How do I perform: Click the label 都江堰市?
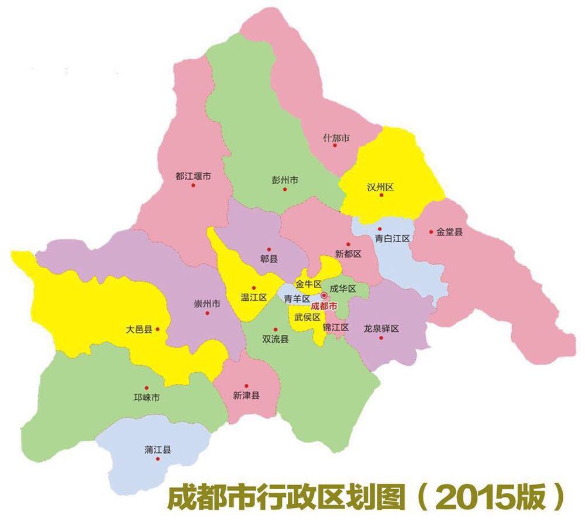(193, 176)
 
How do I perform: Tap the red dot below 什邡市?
(335, 145)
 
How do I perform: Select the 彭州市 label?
(285, 180)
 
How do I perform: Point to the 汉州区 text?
(380, 187)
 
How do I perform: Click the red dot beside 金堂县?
(431, 232)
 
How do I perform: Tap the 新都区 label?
(349, 254)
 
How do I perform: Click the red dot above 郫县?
(269, 249)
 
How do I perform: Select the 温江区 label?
(253, 297)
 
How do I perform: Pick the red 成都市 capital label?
(324, 306)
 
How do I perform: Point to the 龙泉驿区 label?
(381, 328)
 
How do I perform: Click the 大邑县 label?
(139, 329)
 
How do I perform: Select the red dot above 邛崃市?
(147, 387)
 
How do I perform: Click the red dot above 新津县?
(246, 386)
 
